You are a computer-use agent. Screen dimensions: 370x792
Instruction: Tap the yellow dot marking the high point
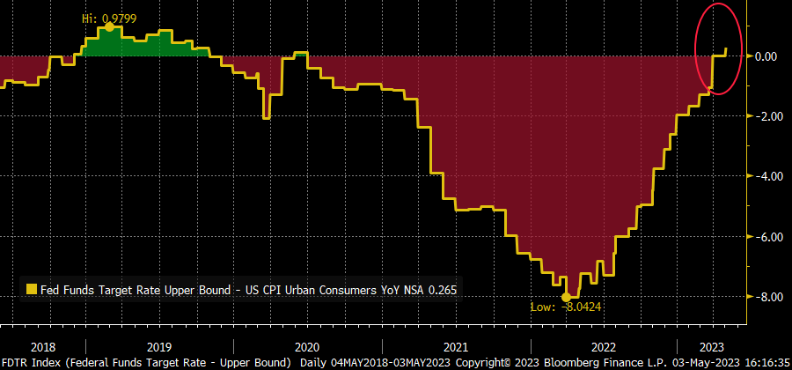click(109, 26)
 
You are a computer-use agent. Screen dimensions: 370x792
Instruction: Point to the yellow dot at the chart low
click(567, 297)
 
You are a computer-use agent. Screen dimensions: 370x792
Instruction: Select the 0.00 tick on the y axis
click(766, 56)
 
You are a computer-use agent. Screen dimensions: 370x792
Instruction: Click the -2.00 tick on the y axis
click(764, 116)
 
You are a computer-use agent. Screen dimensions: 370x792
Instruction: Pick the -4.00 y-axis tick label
click(764, 176)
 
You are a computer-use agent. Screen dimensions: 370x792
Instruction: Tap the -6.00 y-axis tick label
click(764, 236)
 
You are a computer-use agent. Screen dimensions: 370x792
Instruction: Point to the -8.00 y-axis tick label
click(764, 297)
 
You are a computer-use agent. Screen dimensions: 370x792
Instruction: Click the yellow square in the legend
click(33, 289)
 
